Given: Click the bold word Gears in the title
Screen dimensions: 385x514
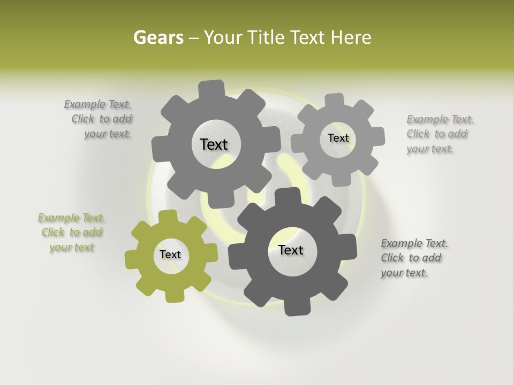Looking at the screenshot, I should pyautogui.click(x=158, y=37).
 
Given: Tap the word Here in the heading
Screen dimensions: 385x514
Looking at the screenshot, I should pyautogui.click(x=351, y=37).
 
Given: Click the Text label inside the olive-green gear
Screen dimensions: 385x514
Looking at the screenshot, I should pyautogui.click(x=170, y=255).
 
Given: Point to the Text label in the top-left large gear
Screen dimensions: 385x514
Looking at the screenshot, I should pyautogui.click(x=214, y=144).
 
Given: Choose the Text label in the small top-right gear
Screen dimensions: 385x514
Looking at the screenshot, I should pyautogui.click(x=338, y=138).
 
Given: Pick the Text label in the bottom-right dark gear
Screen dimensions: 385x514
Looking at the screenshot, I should pyautogui.click(x=291, y=250).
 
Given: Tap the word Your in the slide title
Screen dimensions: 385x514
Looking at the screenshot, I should pyautogui.click(x=225, y=37).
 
